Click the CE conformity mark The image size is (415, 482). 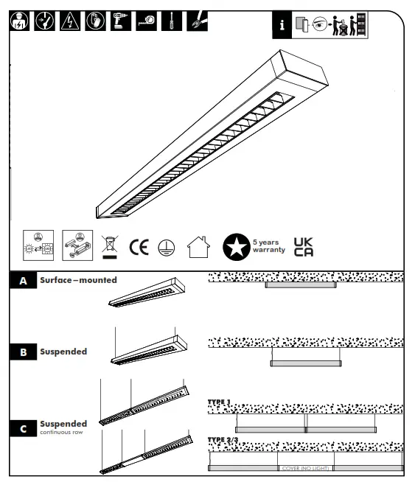click(x=139, y=246)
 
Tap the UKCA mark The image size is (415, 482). click(x=304, y=246)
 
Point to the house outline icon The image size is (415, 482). click(x=198, y=247)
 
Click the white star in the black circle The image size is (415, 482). click(x=236, y=247)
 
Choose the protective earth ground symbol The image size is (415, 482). click(x=167, y=247)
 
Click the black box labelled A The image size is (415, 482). click(x=23, y=281)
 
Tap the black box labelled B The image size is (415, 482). click(x=23, y=352)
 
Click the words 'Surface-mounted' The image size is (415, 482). click(x=78, y=281)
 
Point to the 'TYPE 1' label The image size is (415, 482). click(x=220, y=402)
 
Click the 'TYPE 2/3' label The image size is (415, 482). click(x=223, y=439)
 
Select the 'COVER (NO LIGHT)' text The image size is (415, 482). click(x=306, y=468)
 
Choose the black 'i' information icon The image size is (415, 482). click(x=281, y=25)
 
